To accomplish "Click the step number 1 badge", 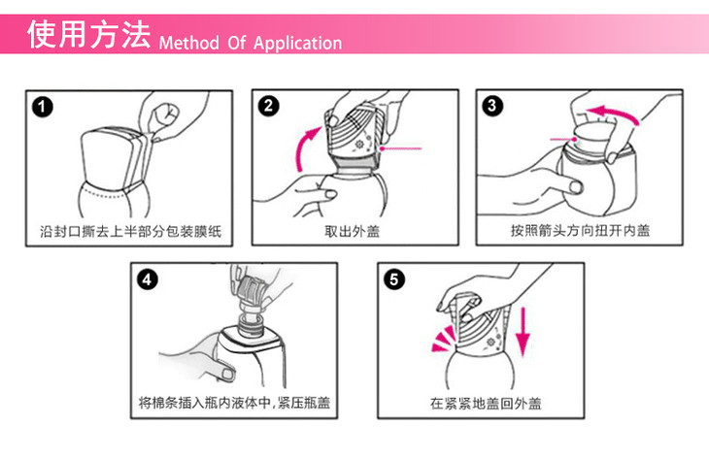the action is (x=43, y=108).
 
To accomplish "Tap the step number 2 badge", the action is (x=269, y=107).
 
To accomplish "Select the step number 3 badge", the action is (x=492, y=106).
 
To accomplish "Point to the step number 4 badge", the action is (x=148, y=279).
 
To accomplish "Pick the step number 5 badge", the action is (x=394, y=279).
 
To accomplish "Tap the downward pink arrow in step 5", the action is (x=523, y=331).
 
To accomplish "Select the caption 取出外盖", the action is (x=353, y=231).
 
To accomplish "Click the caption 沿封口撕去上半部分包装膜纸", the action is (x=131, y=231).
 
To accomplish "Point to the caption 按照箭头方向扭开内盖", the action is (x=580, y=230).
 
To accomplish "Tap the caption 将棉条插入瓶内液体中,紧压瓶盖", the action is (x=234, y=402).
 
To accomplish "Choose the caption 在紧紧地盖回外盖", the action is (x=486, y=403).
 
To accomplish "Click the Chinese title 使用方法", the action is (x=89, y=34).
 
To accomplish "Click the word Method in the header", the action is (x=189, y=43).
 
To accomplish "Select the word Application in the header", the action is (x=297, y=44).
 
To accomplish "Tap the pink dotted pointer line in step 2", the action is (x=400, y=148).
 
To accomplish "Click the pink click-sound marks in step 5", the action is (x=443, y=339).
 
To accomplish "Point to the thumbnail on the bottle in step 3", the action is (x=576, y=186).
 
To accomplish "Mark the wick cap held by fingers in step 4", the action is (x=250, y=287).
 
